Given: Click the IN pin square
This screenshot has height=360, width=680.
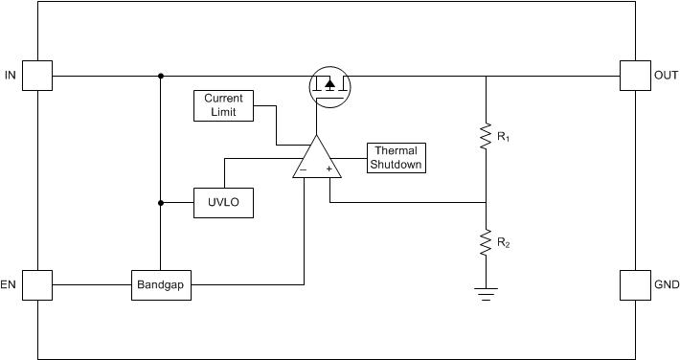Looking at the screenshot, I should pos(37,76).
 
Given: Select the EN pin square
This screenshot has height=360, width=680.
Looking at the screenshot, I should pos(37,284).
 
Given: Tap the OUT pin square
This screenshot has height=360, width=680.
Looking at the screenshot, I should pos(635,76).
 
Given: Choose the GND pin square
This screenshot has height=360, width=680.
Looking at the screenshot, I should pos(635,284).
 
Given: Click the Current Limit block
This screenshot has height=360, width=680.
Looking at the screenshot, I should pos(223,105).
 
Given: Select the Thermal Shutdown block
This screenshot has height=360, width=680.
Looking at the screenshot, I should pos(397,158).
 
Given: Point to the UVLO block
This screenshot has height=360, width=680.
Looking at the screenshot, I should pos(224,202).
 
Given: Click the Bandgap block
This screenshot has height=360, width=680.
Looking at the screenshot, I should pos(161,284).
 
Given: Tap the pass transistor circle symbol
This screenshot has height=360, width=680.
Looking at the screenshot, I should pos(329,87).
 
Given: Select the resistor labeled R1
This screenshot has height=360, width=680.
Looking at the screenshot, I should pos(486,139).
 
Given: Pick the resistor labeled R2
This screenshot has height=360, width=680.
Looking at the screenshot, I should pos(486,243).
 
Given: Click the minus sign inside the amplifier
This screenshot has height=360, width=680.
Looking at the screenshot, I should pos(303,169).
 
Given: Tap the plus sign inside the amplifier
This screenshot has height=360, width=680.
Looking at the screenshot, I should pos(329,169).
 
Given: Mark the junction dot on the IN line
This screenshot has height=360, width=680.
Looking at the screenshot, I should pos(160,76).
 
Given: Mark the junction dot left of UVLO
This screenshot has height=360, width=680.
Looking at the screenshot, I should pos(160,202).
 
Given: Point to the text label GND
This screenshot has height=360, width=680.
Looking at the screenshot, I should pos(666,284).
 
